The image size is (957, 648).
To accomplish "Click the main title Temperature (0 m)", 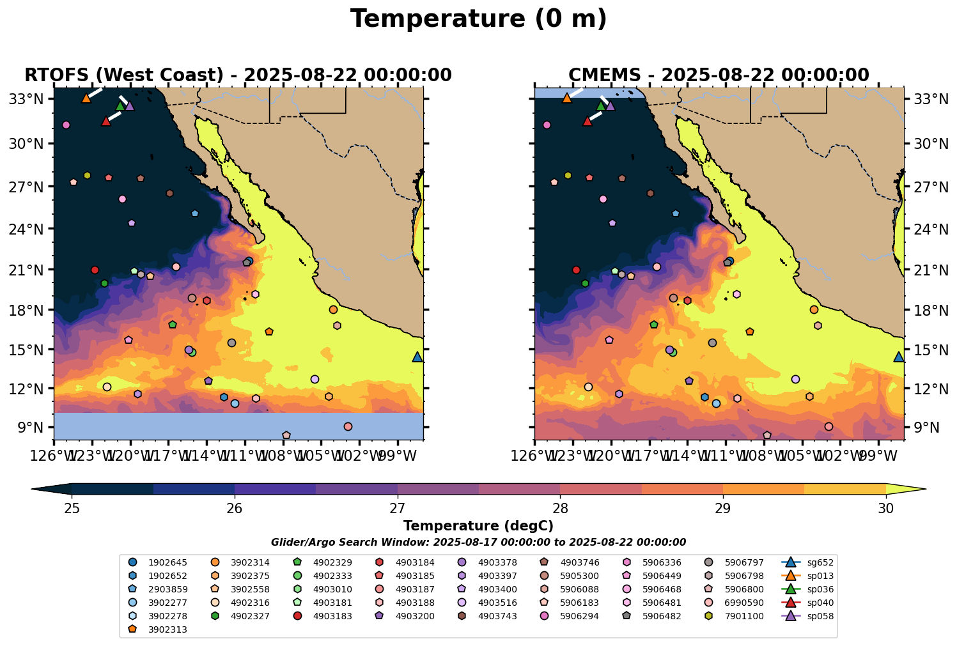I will [x=478, y=19].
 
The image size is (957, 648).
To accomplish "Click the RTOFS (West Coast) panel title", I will [x=238, y=75].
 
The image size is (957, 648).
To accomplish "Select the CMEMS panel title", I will [x=719, y=75].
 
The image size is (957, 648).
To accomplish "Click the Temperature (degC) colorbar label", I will [x=478, y=526].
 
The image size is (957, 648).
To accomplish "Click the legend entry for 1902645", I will [x=160, y=562].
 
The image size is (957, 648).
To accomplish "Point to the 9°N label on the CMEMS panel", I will [x=922, y=428].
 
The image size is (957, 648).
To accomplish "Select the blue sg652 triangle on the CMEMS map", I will [x=898, y=357].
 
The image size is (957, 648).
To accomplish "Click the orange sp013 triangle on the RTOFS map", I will [x=86, y=98].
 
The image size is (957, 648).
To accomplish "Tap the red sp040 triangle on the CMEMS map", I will [x=587, y=121].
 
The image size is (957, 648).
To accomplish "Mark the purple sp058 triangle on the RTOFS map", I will [x=130, y=106].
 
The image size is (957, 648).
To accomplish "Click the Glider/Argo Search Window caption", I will [x=478, y=542].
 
